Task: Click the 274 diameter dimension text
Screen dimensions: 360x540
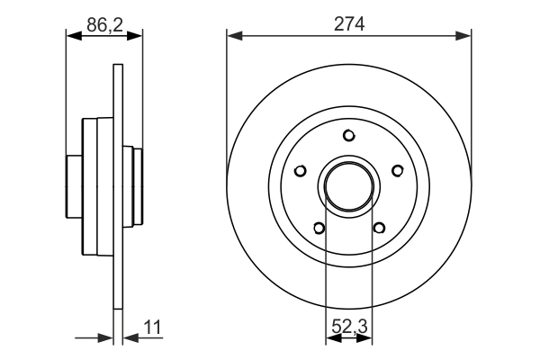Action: click(349, 25)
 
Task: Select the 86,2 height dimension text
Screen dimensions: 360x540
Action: click(104, 25)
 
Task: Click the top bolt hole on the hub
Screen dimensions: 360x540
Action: click(348, 136)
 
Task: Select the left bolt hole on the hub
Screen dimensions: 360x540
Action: click(301, 169)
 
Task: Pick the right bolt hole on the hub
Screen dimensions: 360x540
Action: click(396, 169)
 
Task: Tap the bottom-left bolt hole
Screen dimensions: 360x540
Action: click(319, 227)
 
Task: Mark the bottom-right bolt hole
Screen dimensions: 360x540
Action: click(378, 227)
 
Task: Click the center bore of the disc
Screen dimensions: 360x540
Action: click(348, 185)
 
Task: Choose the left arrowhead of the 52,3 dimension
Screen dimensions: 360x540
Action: click(330, 338)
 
